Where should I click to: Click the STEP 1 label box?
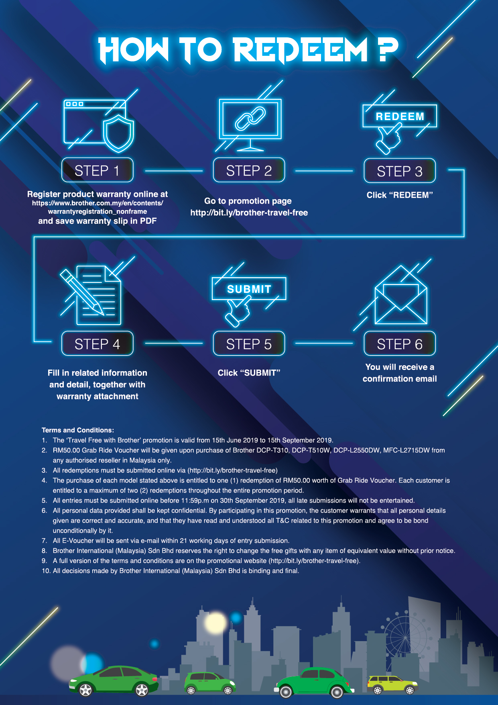[98, 170]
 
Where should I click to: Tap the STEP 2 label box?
[249, 170]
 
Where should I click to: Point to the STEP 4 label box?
[98, 344]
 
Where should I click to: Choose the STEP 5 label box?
[249, 344]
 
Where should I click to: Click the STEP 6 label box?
[400, 344]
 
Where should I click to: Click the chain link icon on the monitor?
[250, 119]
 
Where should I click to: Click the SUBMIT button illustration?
[249, 289]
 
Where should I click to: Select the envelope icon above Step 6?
[401, 297]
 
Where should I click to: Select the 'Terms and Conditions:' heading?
[78, 430]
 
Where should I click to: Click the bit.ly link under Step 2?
[249, 213]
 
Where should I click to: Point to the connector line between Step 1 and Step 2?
[174, 171]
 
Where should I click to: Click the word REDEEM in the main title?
[300, 50]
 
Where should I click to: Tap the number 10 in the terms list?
[46, 571]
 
